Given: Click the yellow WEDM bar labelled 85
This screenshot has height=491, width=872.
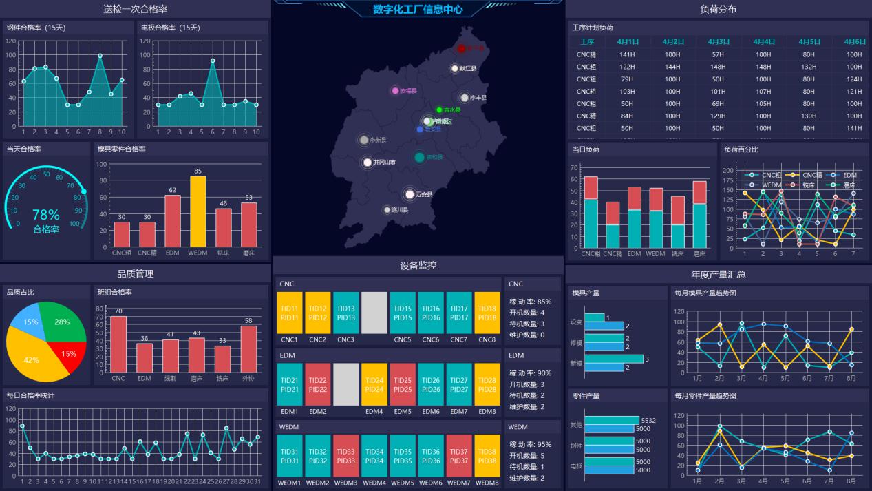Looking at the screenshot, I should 198,211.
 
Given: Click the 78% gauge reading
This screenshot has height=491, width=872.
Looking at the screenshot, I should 46,215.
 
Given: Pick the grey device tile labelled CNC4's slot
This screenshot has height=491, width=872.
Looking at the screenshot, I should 374,313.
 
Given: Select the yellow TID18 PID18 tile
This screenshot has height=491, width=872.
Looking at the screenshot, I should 487,313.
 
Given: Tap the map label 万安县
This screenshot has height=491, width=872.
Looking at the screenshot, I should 424,195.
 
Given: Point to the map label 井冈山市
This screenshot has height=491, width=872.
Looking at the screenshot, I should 384,163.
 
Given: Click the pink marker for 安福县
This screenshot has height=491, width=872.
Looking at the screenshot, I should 395,91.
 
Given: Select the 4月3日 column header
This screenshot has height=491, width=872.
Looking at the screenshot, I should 718,42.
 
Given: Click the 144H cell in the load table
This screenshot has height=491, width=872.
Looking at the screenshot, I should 672,67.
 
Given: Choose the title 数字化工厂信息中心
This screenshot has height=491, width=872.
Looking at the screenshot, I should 418,10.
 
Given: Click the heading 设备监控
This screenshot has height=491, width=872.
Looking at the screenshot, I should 418,265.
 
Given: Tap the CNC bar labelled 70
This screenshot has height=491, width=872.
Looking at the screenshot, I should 118,344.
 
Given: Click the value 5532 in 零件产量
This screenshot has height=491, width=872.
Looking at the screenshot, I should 648,420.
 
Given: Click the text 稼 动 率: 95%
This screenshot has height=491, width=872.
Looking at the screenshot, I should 530,444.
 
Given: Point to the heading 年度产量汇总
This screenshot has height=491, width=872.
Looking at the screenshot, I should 718,274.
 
